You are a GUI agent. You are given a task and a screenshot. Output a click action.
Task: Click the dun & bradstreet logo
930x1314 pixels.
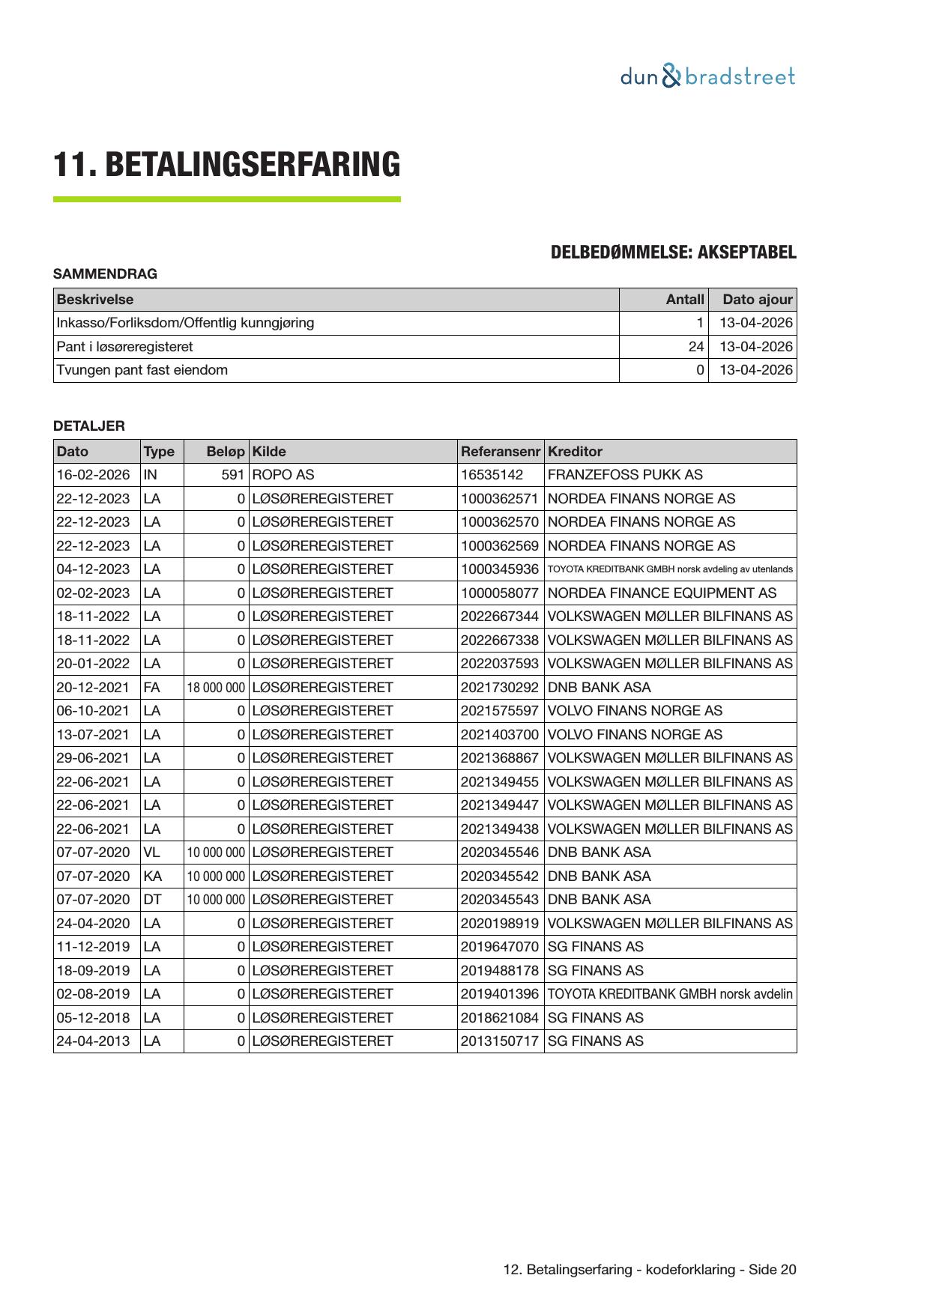pyautogui.click(x=707, y=76)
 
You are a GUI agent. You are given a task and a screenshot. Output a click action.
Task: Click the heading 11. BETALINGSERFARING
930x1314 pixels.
pyautogui.click(x=226, y=165)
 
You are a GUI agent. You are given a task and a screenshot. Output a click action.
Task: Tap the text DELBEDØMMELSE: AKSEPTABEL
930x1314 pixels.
pyautogui.click(x=673, y=252)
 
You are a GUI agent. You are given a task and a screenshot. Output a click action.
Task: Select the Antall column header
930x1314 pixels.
pyautogui.click(x=685, y=300)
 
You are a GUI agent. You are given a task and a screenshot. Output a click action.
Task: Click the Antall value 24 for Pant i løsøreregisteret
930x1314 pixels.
pyautogui.click(x=696, y=347)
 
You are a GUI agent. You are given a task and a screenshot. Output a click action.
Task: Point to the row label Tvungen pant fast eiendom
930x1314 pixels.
pyautogui.click(x=142, y=370)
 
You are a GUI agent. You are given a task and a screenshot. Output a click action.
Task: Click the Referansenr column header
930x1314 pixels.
pyautogui.click(x=500, y=452)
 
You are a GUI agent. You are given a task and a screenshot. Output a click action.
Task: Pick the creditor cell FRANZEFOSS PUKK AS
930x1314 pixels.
pyautogui.click(x=625, y=475)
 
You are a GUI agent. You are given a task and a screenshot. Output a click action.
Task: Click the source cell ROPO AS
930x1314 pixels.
pyautogui.click(x=283, y=475)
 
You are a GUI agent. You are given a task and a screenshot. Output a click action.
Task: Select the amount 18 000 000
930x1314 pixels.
pyautogui.click(x=216, y=688)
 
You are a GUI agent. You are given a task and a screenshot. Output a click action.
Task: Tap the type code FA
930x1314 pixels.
pyautogui.click(x=151, y=688)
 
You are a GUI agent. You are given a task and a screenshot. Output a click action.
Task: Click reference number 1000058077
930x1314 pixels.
pyautogui.click(x=499, y=593)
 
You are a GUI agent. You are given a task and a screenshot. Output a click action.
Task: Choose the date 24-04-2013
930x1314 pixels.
pyautogui.click(x=93, y=1041)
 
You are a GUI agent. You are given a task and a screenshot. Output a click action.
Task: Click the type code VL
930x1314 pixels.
pyautogui.click(x=151, y=853)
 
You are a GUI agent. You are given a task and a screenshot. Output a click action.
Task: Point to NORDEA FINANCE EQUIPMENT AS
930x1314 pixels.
pyautogui.click(x=662, y=593)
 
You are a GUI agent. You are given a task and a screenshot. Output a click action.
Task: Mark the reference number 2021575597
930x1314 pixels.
pyautogui.click(x=499, y=711)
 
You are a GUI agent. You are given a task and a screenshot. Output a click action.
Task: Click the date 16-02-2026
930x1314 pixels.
pyautogui.click(x=93, y=475)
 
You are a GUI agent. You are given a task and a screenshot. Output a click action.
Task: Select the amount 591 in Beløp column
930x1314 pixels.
pyautogui.click(x=233, y=475)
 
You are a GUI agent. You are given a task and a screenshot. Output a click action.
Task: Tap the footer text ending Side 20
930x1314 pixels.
pyautogui.click(x=650, y=1269)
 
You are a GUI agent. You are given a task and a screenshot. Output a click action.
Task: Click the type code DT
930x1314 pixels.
pyautogui.click(x=152, y=900)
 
